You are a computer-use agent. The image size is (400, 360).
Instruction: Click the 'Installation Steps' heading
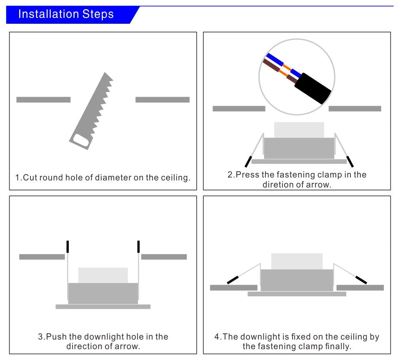tap(66, 14)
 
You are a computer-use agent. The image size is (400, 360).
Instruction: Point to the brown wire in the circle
tap(271, 67)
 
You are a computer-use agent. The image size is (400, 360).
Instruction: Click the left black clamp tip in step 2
tap(248, 162)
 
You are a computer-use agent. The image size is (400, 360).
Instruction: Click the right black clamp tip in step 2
tap(350, 162)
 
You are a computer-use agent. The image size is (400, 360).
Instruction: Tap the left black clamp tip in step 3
tap(67, 247)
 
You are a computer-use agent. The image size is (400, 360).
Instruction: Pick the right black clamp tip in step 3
tap(138, 247)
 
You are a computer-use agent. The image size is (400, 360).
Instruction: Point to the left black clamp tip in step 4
tap(232, 280)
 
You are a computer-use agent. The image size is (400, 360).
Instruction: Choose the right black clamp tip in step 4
tap(361, 280)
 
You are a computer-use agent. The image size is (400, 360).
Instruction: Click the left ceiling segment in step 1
tap(43, 100)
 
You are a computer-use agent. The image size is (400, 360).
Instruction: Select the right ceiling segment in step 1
tap(162, 100)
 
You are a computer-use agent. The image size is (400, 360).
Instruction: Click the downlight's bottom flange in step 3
tap(103, 307)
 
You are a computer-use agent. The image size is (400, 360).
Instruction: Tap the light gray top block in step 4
tap(297, 261)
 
